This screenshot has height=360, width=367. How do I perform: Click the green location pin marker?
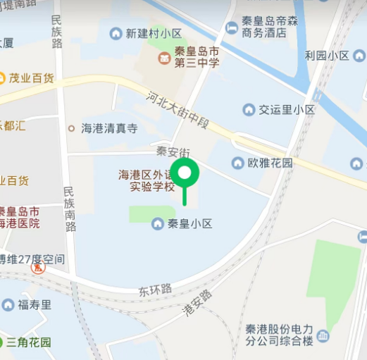186,173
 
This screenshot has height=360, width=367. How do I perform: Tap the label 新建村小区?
154,34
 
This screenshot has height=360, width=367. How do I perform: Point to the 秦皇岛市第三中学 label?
197,57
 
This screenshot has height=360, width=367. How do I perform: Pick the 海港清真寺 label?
109,128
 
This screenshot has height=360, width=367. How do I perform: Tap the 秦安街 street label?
173,151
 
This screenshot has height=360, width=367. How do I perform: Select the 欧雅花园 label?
270,163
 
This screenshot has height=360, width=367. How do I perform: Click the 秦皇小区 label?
189,224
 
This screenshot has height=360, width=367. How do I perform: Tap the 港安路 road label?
197,303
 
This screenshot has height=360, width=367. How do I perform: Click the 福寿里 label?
35,304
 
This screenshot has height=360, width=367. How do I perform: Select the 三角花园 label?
29,342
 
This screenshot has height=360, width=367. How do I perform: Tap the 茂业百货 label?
32,77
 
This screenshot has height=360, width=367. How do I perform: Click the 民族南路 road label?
69,209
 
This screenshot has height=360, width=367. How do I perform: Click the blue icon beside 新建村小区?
116,33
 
